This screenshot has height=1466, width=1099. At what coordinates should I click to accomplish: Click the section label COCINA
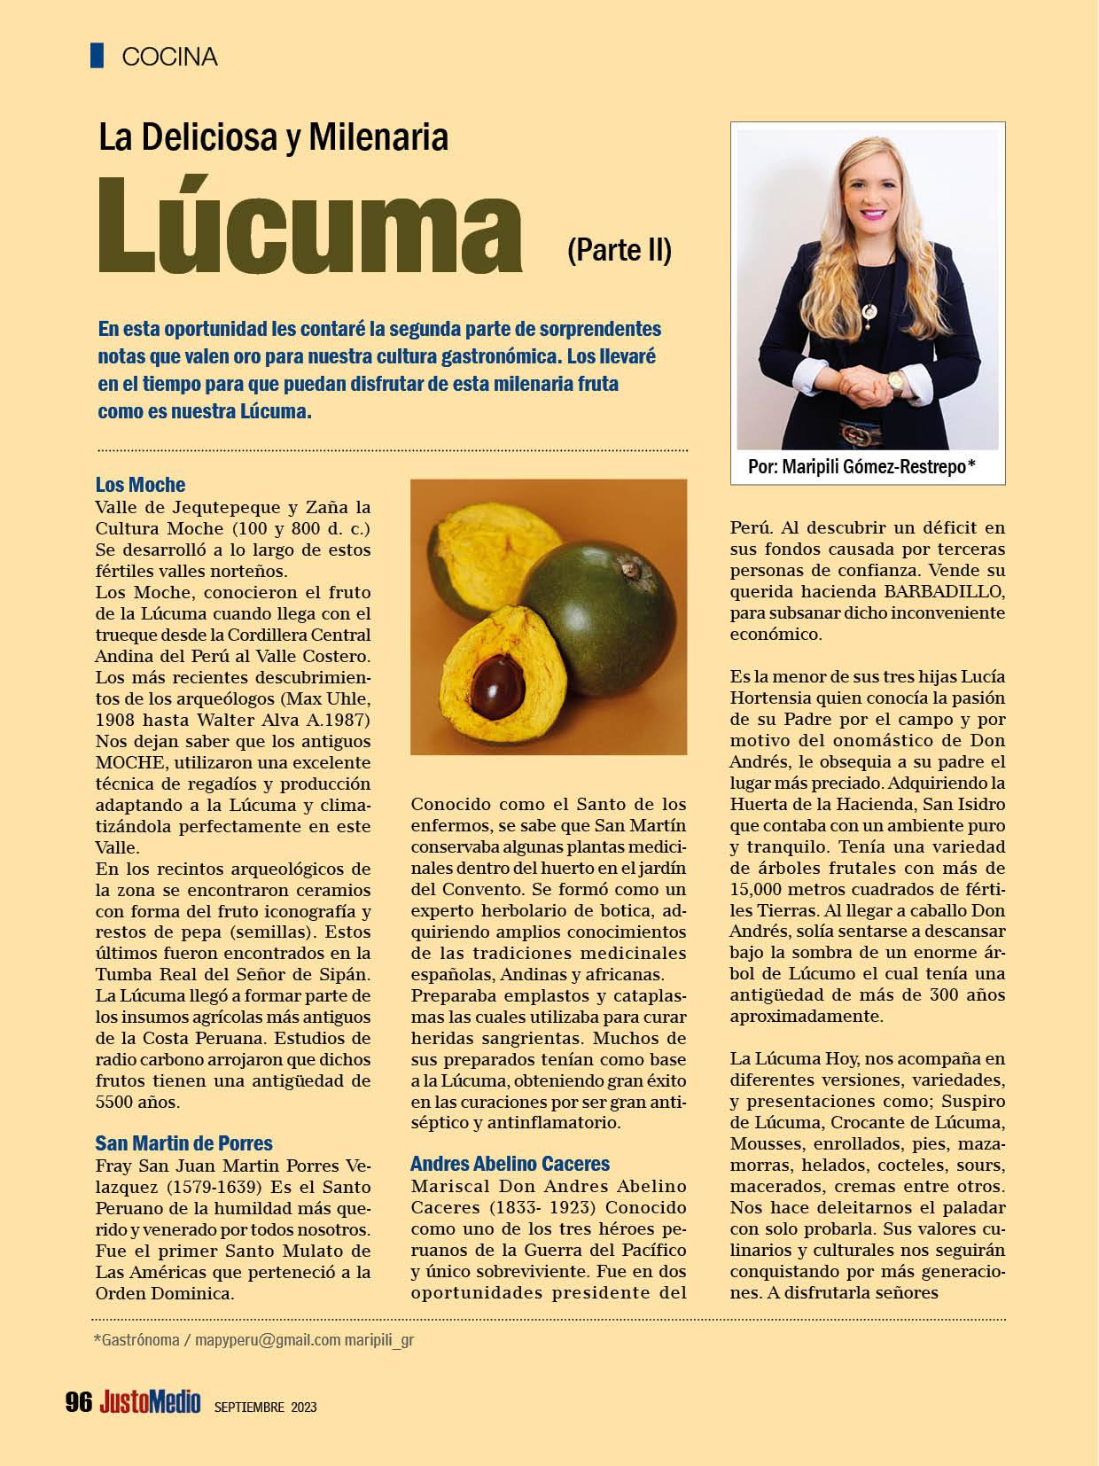click(x=169, y=57)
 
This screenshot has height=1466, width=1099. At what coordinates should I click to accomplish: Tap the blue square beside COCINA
click(x=97, y=55)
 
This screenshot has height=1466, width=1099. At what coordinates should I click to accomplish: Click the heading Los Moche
click(x=140, y=485)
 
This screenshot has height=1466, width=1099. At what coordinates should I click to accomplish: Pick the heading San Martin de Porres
click(x=183, y=1143)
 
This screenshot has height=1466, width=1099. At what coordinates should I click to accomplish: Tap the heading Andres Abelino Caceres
click(x=510, y=1164)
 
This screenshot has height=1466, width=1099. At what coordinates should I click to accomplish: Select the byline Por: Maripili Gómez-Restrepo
click(x=861, y=467)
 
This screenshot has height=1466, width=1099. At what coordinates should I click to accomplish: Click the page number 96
click(x=79, y=1402)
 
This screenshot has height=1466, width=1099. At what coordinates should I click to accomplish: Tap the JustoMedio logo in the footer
click(x=150, y=1402)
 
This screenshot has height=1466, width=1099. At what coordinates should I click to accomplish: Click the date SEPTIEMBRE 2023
click(x=265, y=1407)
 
